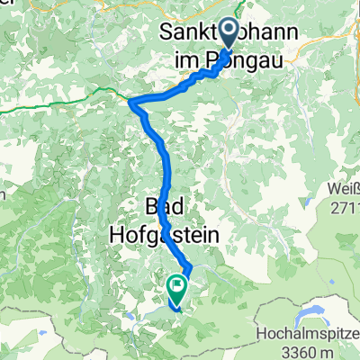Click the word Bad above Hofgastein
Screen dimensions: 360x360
[x=159, y=209]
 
